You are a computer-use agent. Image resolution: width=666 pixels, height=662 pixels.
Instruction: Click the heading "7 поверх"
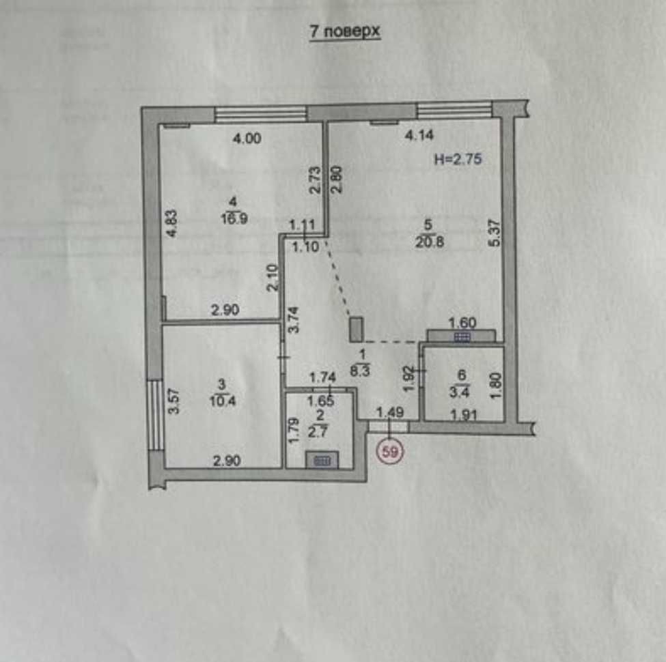[344, 32]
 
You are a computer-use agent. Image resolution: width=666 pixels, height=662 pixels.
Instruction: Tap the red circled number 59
[390, 452]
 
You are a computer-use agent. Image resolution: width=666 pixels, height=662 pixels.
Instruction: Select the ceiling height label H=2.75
[458, 159]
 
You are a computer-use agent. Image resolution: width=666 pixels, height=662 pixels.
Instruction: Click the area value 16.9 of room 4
[234, 218]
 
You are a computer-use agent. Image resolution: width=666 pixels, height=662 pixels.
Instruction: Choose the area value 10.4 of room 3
[223, 401]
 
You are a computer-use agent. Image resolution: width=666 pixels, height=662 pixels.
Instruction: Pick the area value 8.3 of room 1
[360, 371]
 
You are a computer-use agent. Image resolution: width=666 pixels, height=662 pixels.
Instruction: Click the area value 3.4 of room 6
[459, 392]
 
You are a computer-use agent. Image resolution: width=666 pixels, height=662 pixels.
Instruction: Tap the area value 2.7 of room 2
[318, 433]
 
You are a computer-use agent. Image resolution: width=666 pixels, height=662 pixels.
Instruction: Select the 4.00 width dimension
[247, 139]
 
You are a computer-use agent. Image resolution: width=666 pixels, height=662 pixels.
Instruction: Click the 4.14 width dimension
[419, 135]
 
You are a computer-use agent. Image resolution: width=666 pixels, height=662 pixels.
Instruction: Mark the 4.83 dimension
[171, 223]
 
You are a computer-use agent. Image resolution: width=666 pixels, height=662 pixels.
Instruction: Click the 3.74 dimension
[294, 319]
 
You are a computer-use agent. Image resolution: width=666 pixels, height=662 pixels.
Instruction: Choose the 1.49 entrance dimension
[390, 412]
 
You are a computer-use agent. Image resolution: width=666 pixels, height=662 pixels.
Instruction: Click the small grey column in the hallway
[356, 330]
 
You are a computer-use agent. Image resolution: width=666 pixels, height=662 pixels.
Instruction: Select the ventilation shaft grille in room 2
[322, 460]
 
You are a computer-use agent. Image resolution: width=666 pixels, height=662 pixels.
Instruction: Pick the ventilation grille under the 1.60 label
[461, 336]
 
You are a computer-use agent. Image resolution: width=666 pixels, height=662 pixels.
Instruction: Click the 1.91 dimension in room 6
[463, 414]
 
